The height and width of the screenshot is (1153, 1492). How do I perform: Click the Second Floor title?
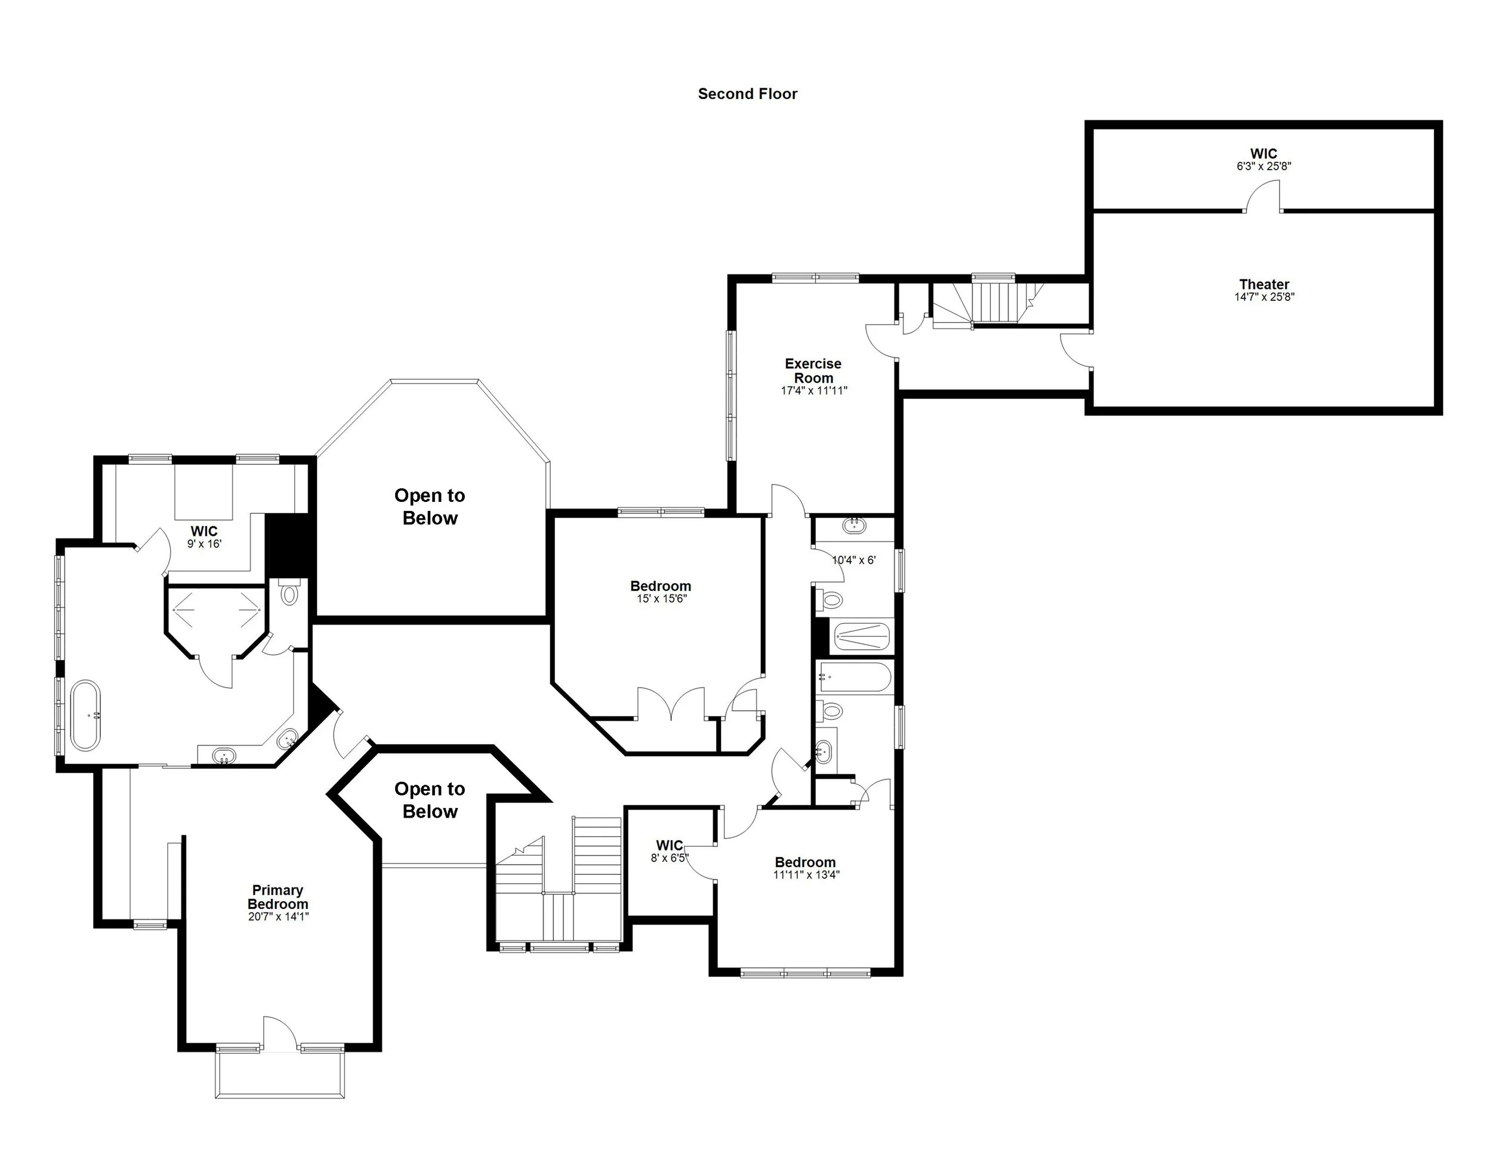tap(747, 94)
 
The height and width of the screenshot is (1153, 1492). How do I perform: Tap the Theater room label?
tap(1263, 284)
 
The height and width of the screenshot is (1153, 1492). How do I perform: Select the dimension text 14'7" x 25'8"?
tap(1263, 297)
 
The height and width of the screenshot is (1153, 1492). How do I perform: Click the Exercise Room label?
tap(813, 370)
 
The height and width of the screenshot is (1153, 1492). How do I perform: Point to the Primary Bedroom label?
tap(278, 897)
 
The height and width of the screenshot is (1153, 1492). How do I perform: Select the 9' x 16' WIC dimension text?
tap(204, 544)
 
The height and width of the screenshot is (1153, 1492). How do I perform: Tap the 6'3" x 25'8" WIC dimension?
tap(1263, 166)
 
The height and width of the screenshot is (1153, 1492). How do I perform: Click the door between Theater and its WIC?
tap(1262, 198)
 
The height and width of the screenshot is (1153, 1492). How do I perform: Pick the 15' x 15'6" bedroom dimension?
tap(661, 599)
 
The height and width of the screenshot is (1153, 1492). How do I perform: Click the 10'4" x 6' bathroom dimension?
tap(853, 560)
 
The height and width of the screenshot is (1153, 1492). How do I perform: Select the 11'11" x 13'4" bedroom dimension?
tap(806, 875)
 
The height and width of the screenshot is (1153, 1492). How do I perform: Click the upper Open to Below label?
tap(430, 506)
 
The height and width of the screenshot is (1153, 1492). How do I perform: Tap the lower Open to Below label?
tap(430, 800)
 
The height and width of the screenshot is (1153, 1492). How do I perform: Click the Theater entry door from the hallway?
tap(1077, 350)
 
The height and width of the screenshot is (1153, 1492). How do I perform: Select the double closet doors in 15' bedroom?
tap(671, 704)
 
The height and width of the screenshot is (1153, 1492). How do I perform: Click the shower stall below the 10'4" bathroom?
tap(861, 637)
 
